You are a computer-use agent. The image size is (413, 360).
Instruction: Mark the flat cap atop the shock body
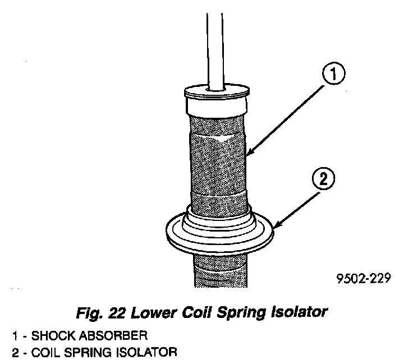[217, 90]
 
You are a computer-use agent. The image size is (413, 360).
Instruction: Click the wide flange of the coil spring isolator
[219, 238]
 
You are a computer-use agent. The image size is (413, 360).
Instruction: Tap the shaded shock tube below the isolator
[219, 269]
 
